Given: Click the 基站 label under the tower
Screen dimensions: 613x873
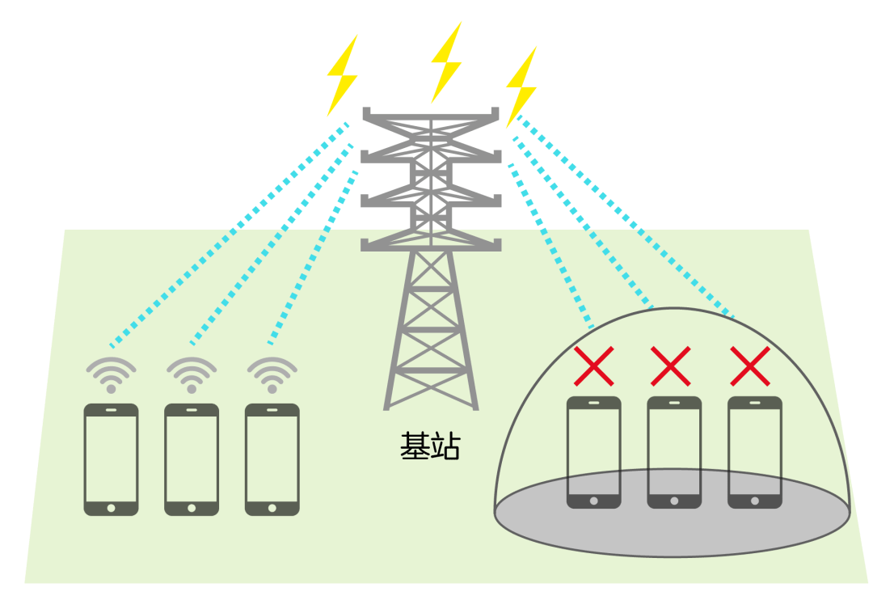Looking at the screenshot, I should click(429, 446).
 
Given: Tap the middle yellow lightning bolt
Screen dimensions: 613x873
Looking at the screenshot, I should click(445, 62).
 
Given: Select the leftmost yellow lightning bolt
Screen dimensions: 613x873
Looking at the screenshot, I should click(342, 76).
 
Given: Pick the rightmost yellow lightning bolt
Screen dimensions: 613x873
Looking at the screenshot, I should click(521, 86).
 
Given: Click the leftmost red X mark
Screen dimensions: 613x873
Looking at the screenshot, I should click(594, 366).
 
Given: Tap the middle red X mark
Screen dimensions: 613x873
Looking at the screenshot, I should click(671, 366).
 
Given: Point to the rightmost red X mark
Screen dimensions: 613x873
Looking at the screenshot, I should click(749, 366).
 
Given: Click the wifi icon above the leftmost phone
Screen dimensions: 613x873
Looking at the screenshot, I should click(111, 374).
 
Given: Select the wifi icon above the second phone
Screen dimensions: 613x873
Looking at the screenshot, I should click(192, 374).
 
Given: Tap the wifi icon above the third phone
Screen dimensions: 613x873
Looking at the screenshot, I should click(272, 374).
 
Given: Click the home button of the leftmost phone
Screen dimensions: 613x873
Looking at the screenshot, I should click(111, 508).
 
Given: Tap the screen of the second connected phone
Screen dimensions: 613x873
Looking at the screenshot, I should click(192, 458).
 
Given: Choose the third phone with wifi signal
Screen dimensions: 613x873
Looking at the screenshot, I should click(272, 459).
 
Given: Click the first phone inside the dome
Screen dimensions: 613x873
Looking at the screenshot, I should click(594, 451).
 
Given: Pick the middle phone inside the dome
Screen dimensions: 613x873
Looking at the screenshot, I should click(674, 451).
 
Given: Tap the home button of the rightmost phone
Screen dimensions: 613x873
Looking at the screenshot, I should click(754, 501).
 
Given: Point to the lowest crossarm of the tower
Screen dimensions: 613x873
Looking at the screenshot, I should click(430, 243).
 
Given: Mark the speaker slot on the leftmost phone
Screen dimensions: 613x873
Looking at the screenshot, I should click(111, 410).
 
